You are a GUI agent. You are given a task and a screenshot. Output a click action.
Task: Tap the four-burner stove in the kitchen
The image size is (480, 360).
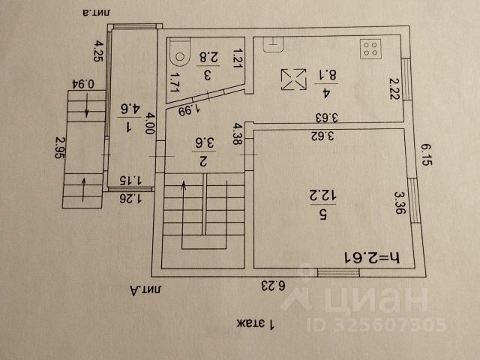point(370,49)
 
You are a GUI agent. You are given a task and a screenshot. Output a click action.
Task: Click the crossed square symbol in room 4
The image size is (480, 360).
point(292,79)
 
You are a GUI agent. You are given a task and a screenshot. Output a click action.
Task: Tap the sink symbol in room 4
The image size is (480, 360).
point(274,43)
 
